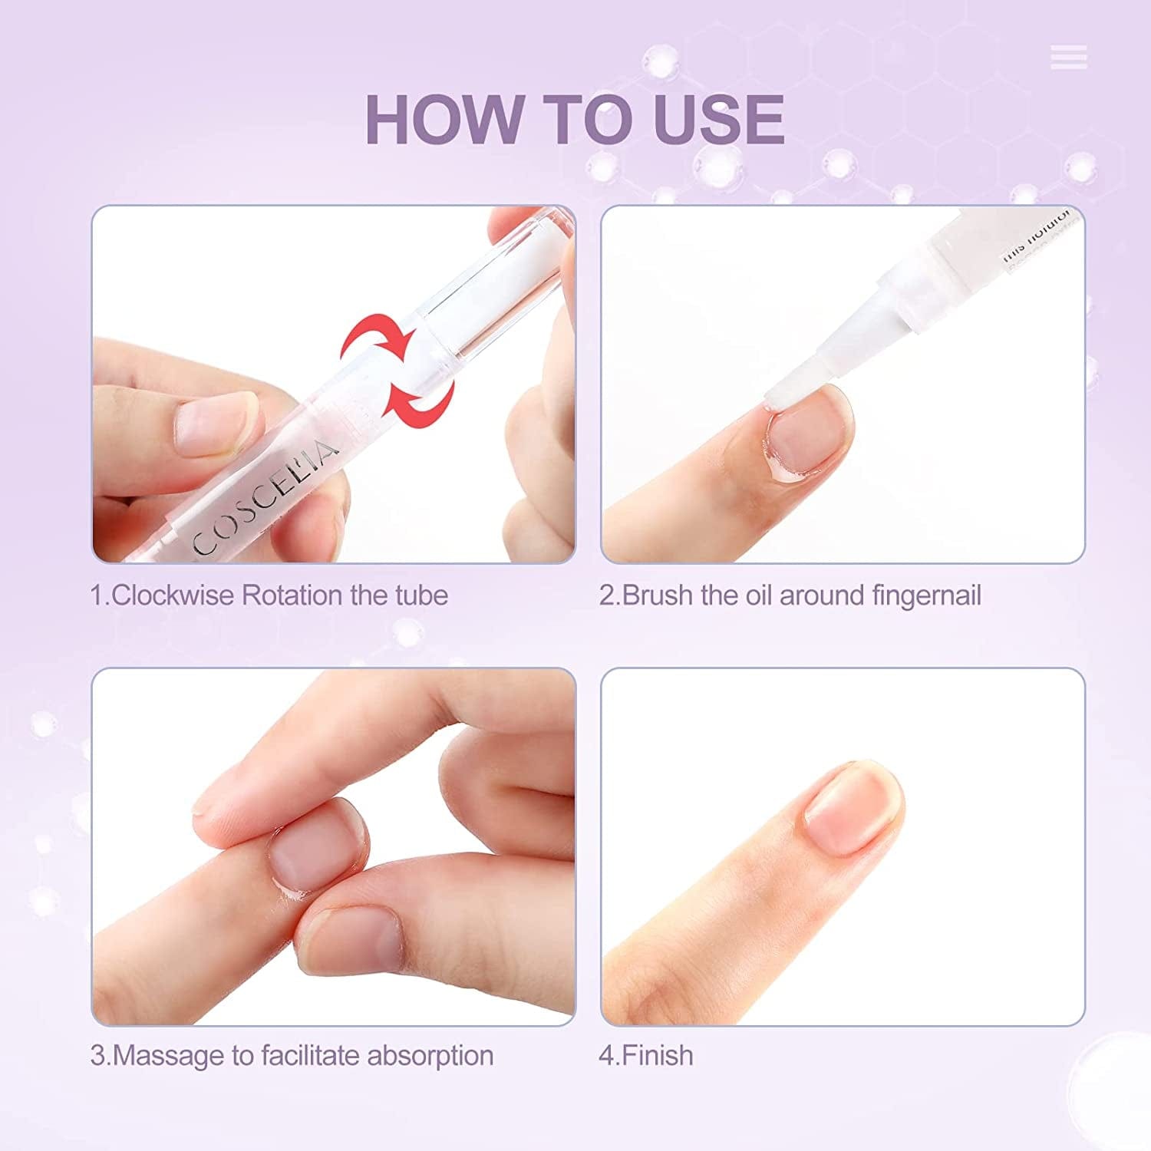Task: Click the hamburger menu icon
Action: pos(1068,58)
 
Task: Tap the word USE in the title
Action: pos(719,119)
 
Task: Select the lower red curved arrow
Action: pos(420,393)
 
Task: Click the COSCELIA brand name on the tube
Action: pos(265,499)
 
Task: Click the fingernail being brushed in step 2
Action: pos(806,434)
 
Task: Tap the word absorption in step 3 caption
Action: pos(430,1056)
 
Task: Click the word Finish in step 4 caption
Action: pos(658,1056)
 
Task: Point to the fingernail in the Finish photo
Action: pos(852,806)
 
